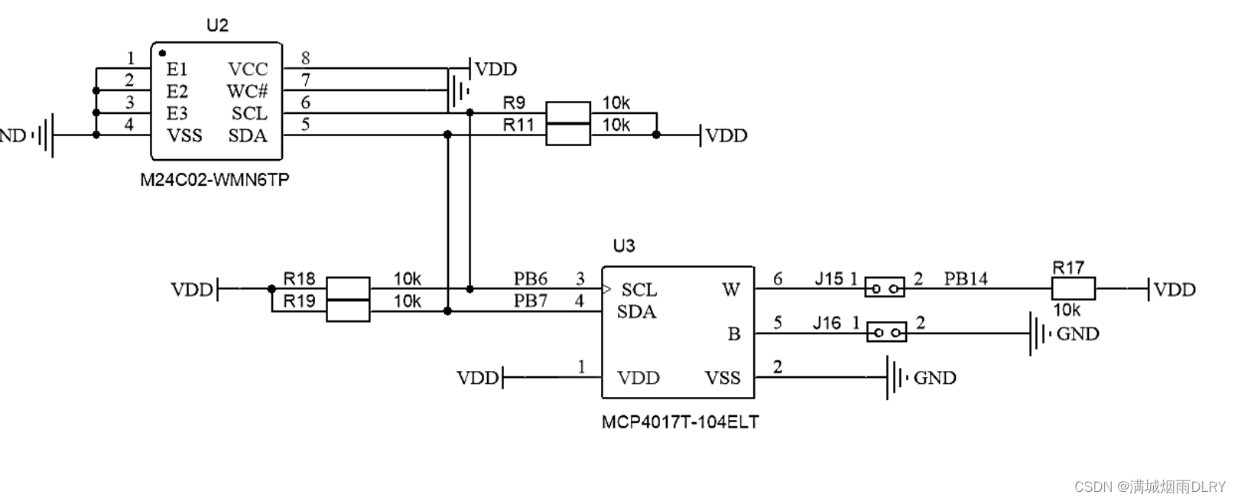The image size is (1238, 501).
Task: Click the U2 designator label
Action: tap(217, 25)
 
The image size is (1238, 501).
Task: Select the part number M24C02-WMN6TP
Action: tap(215, 181)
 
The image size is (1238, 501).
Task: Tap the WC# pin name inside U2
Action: tap(247, 91)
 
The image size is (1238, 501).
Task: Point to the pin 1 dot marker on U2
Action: tap(162, 53)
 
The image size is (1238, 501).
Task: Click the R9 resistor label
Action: tap(514, 102)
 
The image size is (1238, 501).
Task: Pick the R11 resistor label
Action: tap(518, 125)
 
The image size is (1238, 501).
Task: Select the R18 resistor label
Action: tap(299, 278)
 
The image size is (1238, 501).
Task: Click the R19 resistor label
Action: tap(299, 301)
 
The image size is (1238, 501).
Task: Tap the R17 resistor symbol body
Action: tap(1073, 289)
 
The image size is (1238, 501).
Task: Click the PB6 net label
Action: tap(530, 278)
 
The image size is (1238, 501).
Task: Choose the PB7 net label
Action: tap(530, 301)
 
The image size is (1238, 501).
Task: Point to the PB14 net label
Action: tap(965, 278)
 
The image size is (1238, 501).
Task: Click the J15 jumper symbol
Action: tap(885, 288)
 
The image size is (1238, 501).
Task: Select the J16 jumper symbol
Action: tap(887, 333)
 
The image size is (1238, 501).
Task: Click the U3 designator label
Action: tap(624, 246)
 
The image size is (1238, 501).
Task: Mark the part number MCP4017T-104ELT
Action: tap(680, 422)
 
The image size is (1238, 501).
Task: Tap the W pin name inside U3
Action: tap(730, 289)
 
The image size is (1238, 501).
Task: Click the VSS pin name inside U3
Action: tap(722, 378)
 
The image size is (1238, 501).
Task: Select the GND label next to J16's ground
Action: tap(1077, 333)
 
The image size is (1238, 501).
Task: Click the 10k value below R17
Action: tap(1067, 311)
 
